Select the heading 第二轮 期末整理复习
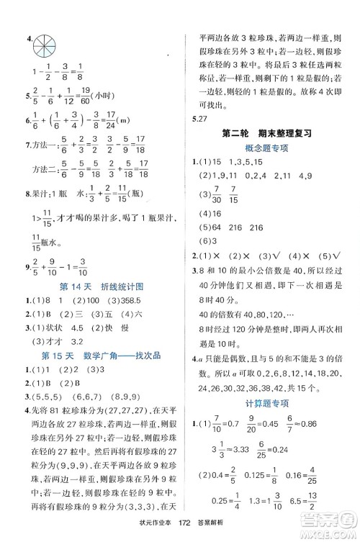266,133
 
